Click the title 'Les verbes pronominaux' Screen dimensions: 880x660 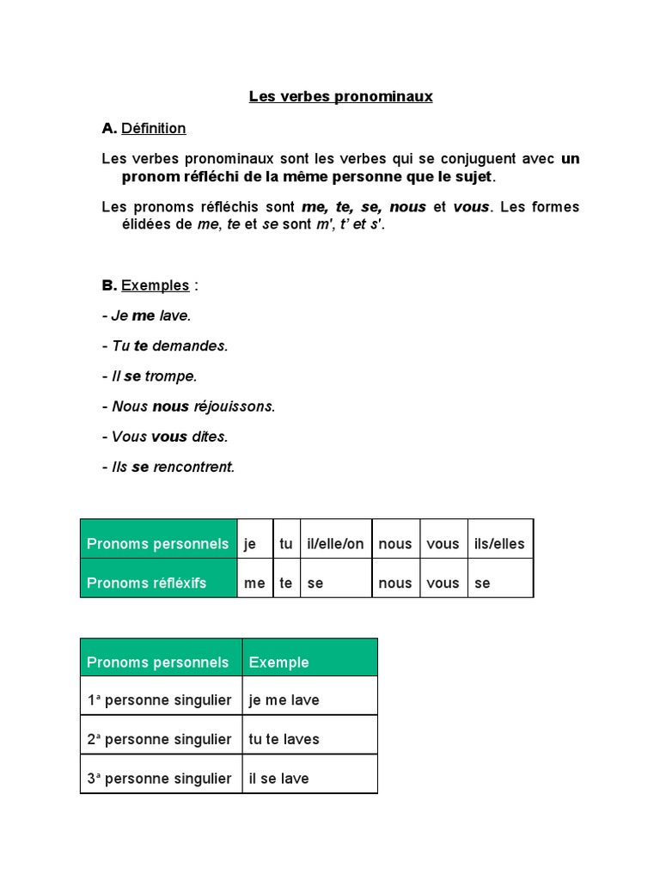[x=340, y=96]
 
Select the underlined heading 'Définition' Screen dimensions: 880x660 [x=153, y=128]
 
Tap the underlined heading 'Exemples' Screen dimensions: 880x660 [x=155, y=285]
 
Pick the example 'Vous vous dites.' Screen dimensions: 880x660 [x=164, y=436]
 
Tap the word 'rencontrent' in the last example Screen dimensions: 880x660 [x=193, y=467]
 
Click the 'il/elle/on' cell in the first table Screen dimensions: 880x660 [x=335, y=543]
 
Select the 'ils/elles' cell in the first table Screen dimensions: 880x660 [x=499, y=543]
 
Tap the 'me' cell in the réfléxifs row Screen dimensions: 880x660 [x=255, y=583]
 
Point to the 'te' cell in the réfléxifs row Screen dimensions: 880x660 [x=286, y=583]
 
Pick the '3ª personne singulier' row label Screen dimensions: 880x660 [x=161, y=779]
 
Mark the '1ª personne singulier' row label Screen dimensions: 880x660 [x=161, y=700]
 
